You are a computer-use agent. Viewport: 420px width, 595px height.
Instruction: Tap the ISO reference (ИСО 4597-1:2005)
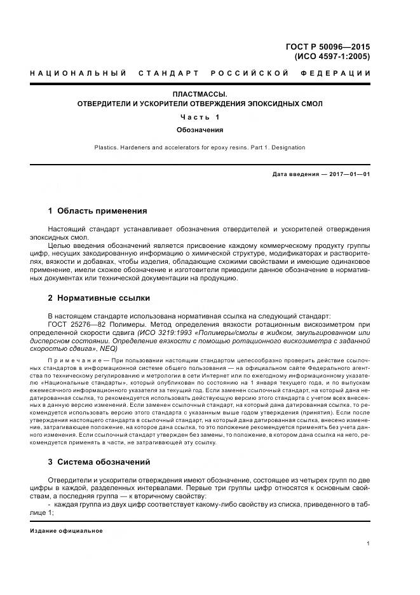click(332, 57)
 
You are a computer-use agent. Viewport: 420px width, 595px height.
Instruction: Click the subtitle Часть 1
click(200, 117)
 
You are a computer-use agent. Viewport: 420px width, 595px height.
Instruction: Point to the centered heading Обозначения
click(200, 130)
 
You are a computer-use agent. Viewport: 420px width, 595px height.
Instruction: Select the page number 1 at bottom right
click(368, 544)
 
